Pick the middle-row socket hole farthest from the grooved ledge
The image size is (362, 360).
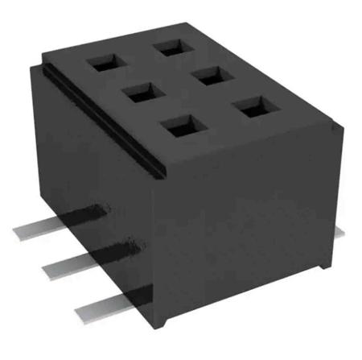pos(211,76)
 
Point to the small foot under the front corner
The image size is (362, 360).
pos(164,322)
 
